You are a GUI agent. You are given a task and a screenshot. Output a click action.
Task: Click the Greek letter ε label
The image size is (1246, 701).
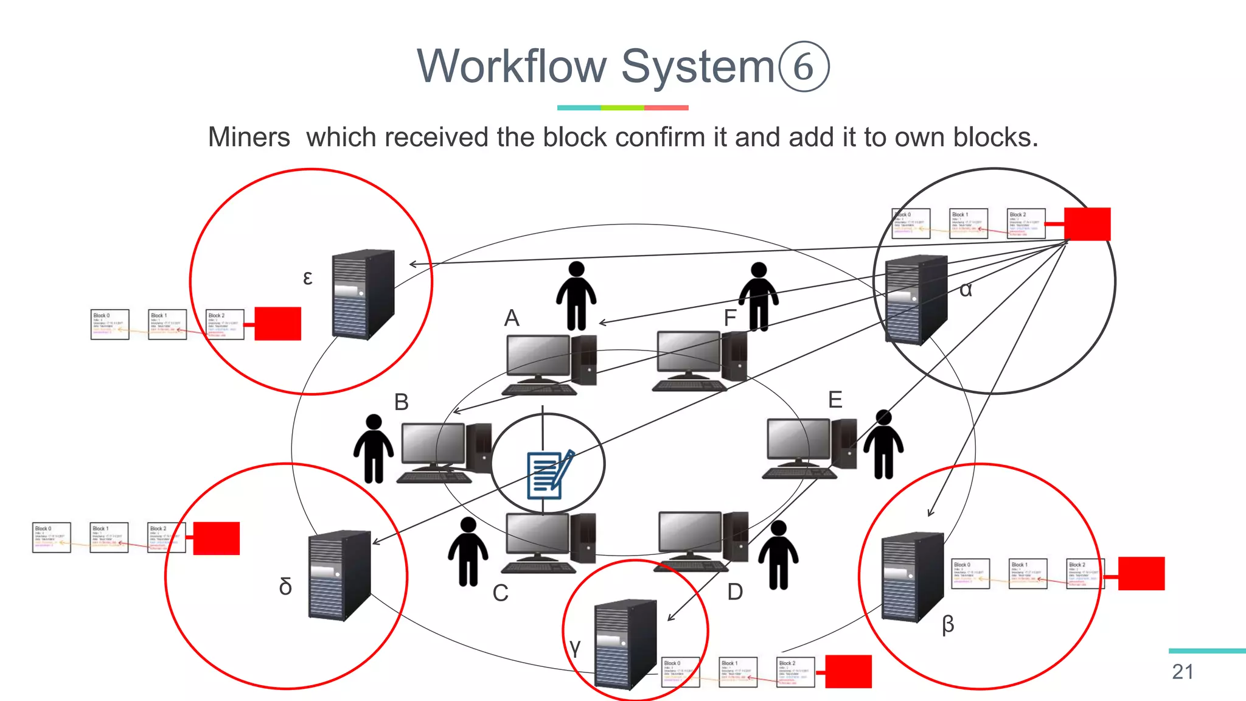click(308, 278)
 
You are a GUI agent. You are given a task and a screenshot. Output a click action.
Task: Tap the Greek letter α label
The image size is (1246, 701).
click(966, 290)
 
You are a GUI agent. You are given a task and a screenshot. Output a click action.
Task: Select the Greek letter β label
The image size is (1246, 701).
click(948, 624)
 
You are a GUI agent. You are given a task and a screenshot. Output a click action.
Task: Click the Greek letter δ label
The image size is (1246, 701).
click(285, 587)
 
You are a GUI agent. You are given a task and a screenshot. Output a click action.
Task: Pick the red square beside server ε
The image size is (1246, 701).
click(277, 323)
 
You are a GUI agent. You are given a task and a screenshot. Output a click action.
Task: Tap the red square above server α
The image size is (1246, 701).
click(1087, 224)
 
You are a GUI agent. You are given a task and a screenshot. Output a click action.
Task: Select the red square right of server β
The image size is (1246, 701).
click(1141, 573)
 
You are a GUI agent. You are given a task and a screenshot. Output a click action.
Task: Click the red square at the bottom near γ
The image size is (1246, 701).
click(848, 671)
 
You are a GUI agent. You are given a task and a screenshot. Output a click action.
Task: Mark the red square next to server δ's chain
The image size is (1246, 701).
click(217, 538)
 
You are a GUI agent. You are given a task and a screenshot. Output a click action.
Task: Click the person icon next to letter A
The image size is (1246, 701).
click(576, 296)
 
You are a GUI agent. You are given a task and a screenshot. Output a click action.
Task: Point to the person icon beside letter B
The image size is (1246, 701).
click(373, 448)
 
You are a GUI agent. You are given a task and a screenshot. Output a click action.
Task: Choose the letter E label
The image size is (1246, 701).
click(835, 400)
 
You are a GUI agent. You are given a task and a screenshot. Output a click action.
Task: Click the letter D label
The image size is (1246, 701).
click(735, 591)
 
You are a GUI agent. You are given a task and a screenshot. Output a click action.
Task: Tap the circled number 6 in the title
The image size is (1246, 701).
click(803, 66)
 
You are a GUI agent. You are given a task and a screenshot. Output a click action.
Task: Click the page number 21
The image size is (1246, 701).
click(1182, 672)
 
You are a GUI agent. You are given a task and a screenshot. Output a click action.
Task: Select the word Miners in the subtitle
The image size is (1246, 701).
click(249, 138)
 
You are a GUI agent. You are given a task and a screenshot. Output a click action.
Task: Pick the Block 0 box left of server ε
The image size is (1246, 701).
click(110, 324)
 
